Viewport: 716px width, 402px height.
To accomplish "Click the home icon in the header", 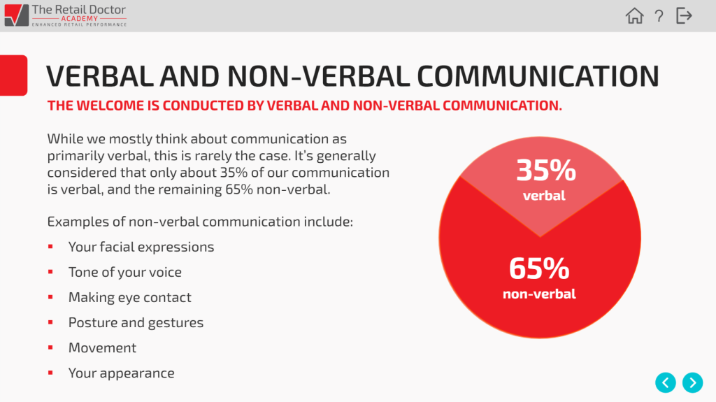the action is pos(634,15).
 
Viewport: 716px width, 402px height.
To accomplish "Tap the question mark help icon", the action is pos(659,16).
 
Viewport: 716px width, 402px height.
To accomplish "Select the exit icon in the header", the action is pos(684,15).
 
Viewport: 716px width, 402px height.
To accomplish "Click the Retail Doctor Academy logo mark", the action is pos(17,15).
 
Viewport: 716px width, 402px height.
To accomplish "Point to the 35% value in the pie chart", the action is pos(546,170).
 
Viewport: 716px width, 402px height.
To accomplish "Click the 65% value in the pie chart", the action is pos(539,268).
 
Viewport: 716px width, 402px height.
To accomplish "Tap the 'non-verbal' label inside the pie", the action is pos(539,294).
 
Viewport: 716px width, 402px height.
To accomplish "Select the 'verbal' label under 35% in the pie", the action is pos(544,196).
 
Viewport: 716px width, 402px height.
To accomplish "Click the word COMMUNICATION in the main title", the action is pos(538,76).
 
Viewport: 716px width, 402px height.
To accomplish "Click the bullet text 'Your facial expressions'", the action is pos(141,247).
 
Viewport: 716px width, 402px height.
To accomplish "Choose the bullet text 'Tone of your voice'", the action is pos(125,272).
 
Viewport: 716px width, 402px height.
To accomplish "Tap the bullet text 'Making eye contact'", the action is pos(129,297).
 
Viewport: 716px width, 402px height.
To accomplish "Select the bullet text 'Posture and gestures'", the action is pos(136,322).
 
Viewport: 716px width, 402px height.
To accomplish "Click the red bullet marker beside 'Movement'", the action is pos(50,347).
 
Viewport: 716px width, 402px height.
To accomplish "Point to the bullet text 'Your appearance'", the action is pos(122,373).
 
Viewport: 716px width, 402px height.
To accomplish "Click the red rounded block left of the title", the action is pos(13,76).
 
